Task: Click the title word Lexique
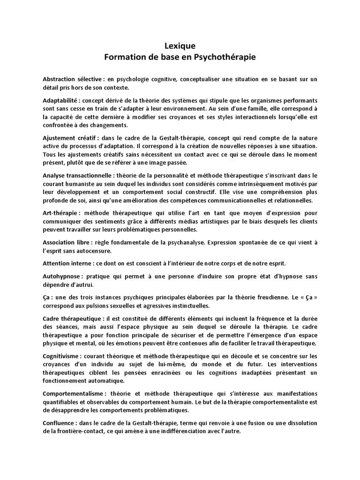(180, 46)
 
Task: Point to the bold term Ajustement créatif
(67, 139)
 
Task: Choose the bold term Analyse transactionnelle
(75, 175)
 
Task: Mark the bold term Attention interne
(67, 263)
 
